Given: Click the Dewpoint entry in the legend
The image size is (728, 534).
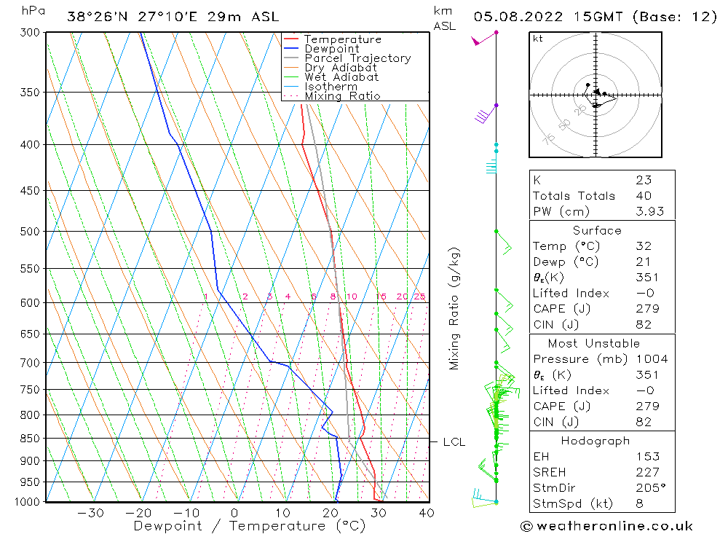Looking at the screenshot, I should click(x=331, y=49).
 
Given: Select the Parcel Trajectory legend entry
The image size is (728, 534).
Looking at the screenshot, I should click(x=357, y=58).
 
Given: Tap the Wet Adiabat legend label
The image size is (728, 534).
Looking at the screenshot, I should click(x=341, y=77).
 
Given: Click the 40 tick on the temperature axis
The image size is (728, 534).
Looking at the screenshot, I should click(x=427, y=513).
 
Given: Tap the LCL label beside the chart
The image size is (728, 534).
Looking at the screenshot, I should click(x=454, y=442).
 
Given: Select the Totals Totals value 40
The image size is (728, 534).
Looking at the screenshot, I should click(x=643, y=196).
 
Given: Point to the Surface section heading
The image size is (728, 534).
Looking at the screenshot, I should click(x=597, y=231).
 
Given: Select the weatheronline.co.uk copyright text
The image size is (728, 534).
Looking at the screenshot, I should click(x=606, y=526).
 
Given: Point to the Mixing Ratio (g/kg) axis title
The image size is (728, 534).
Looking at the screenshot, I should click(x=455, y=308).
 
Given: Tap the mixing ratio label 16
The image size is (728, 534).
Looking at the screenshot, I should click(x=381, y=297).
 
